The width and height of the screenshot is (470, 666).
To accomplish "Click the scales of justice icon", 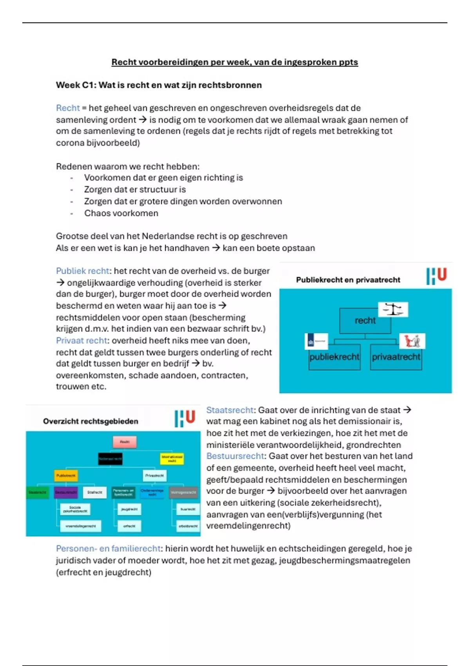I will click(393, 309).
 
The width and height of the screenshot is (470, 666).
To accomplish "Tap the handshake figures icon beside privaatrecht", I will click(412, 341).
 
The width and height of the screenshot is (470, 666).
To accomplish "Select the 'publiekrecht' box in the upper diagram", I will click(334, 357).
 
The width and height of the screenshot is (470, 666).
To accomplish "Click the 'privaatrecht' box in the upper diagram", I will click(396, 357).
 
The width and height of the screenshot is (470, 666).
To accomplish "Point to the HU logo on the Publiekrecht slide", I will click(436, 276).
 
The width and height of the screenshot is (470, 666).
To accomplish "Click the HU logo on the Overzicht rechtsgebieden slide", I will click(185, 418).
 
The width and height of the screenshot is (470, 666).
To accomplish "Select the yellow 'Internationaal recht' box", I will click(172, 458).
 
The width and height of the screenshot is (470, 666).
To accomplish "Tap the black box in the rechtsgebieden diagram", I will click(110, 458).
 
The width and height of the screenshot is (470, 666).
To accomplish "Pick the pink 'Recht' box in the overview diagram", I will click(125, 442).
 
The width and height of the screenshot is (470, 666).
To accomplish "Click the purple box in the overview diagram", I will click(65, 492).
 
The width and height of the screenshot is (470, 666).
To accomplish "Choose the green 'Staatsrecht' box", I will click(37, 492).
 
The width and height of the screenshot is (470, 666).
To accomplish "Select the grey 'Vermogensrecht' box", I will click(184, 492).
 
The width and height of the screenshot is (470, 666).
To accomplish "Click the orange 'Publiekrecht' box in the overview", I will click(66, 476).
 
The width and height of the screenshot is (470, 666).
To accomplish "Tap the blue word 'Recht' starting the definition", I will click(68, 108).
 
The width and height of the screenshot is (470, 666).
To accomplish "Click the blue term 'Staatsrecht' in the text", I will click(230, 410).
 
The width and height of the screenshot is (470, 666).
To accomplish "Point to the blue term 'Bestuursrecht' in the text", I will click(235, 456).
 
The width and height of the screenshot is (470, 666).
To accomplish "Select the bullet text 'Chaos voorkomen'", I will click(121, 214).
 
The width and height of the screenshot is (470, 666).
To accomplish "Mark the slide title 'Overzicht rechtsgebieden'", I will click(90, 422).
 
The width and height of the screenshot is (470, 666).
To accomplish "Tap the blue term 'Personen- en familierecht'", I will click(108, 549).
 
